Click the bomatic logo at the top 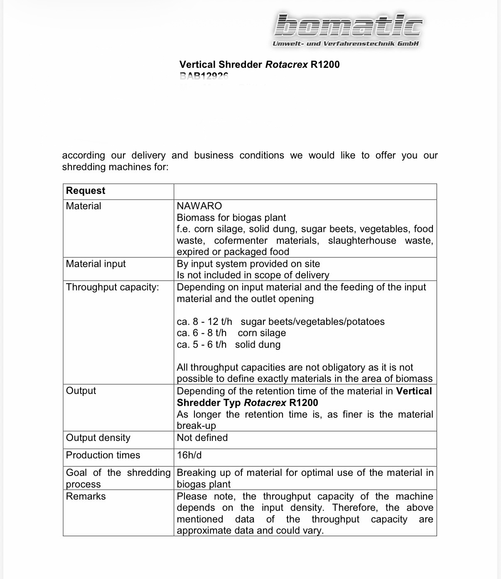[349, 26]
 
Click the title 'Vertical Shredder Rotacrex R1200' [259, 64]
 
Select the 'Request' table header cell [86, 191]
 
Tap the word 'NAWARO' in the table [199, 206]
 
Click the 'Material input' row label [96, 264]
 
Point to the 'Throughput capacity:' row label [112, 287]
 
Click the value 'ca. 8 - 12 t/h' [204, 322]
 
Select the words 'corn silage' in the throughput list [262, 333]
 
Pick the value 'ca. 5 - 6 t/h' [201, 344]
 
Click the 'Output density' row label [98, 438]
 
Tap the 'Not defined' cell [202, 438]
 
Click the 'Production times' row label [103, 455]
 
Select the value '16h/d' [189, 455]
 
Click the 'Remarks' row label [86, 496]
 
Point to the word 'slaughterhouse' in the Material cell [362, 240]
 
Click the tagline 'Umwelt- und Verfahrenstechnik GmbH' [346, 44]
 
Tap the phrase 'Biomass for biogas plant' [231, 218]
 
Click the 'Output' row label [81, 391]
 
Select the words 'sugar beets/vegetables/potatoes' [312, 322]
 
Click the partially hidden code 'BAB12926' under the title [204, 76]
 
